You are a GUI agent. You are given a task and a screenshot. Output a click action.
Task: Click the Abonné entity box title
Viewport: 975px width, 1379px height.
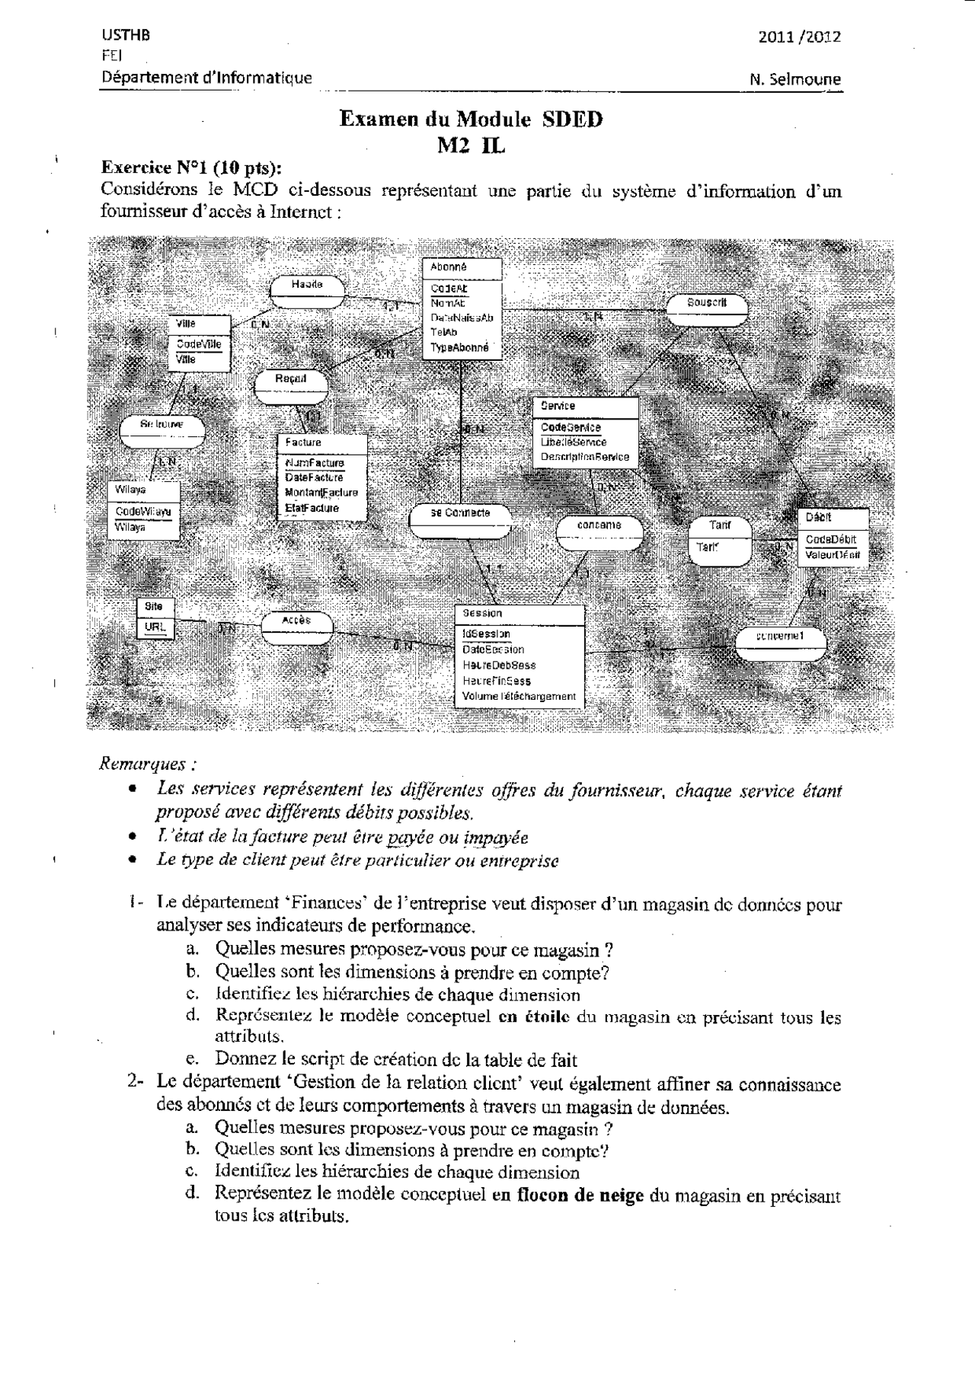click(449, 267)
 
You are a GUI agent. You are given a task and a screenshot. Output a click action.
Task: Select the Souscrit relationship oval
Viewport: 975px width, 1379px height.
click(707, 303)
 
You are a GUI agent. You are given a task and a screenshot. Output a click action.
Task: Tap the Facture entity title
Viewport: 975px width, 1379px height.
click(303, 442)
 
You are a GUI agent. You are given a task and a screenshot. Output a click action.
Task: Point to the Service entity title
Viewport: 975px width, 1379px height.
click(558, 407)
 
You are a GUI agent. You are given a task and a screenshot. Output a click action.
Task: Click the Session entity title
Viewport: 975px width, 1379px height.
click(482, 613)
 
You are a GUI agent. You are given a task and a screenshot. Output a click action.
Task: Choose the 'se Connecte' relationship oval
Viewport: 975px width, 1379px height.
click(460, 513)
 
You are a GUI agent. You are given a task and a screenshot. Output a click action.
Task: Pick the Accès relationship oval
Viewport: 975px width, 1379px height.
click(296, 621)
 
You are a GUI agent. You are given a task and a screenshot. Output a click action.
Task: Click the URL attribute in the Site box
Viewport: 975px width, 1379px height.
click(155, 627)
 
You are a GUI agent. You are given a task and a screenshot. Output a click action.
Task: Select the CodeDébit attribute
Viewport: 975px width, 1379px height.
click(831, 539)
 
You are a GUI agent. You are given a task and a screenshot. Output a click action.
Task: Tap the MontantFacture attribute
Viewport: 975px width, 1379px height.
click(321, 493)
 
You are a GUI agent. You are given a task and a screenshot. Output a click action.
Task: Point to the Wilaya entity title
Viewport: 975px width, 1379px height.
click(130, 490)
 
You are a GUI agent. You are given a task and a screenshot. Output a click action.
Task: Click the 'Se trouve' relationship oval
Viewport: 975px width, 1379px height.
click(161, 423)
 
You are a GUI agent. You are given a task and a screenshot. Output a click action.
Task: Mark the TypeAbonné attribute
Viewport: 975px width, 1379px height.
click(459, 347)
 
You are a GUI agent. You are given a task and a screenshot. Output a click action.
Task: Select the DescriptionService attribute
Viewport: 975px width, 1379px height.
click(585, 457)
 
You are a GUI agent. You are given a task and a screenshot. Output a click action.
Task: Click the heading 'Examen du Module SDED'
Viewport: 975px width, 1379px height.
click(470, 120)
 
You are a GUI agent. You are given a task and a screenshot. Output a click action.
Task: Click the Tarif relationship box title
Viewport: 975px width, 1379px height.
click(720, 525)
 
